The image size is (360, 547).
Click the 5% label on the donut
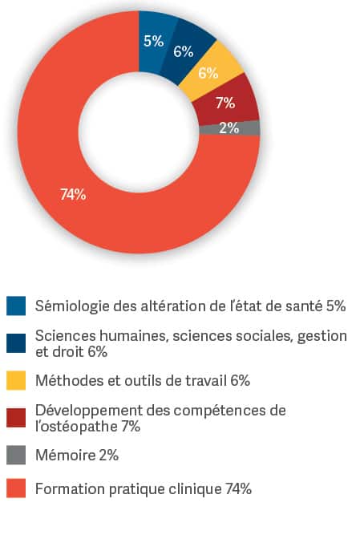point(153,41)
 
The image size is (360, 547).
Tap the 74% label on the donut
point(73,194)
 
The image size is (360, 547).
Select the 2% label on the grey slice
point(229,128)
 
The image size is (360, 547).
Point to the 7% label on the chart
point(225,103)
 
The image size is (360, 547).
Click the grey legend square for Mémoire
point(16,455)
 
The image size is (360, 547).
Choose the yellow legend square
point(16,380)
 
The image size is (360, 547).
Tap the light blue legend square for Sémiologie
point(16,306)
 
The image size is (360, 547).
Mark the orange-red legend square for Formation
point(16,488)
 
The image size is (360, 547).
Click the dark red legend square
point(16,418)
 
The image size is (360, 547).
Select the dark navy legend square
point(16,343)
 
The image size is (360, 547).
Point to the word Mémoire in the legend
point(66,455)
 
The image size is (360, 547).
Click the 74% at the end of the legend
point(238,488)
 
